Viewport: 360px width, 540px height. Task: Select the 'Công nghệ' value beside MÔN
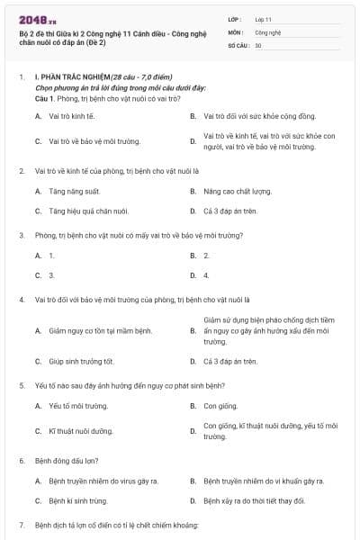point(267,31)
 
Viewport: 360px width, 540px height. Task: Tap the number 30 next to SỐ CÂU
point(258,44)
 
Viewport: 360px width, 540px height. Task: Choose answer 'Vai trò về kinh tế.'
point(71,116)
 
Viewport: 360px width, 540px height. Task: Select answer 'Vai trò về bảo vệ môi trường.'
point(88,141)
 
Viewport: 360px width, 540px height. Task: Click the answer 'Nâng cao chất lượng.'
point(237,191)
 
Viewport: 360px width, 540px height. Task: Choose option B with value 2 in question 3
point(206,256)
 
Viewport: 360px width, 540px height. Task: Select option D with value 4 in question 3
point(206,275)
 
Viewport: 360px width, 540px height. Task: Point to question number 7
point(22,525)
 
